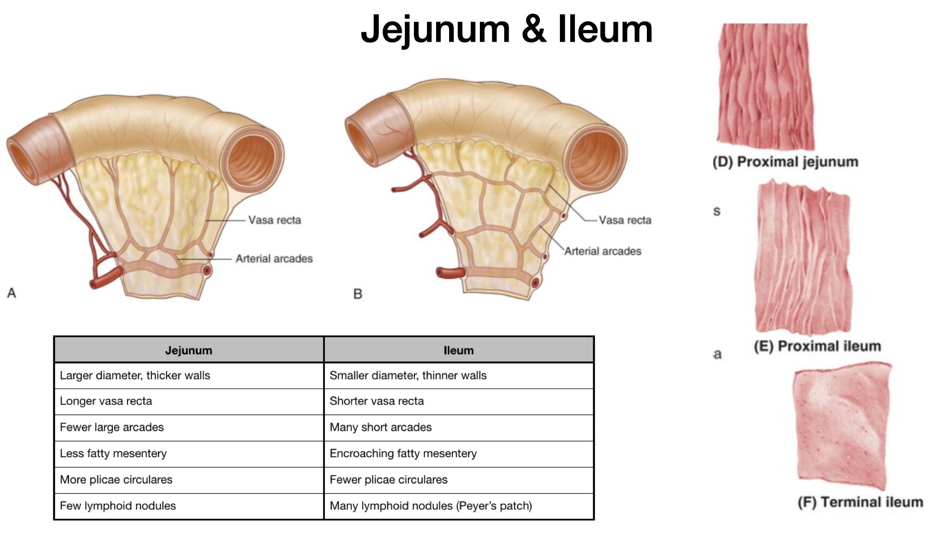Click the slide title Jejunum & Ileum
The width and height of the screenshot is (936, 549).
pyautogui.click(x=506, y=29)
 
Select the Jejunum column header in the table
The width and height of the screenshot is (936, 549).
pyautogui.click(x=189, y=350)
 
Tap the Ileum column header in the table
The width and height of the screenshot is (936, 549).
pyautogui.click(x=458, y=350)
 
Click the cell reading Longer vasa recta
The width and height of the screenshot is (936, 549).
pyautogui.click(x=106, y=401)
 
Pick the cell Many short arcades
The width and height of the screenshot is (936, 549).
pyautogui.click(x=380, y=427)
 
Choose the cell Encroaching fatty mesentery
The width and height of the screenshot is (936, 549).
pyautogui.click(x=403, y=453)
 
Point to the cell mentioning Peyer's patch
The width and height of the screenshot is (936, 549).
pyautogui.click(x=431, y=506)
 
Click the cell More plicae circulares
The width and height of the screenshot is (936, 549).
pyautogui.click(x=116, y=479)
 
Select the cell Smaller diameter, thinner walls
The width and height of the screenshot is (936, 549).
pyautogui.click(x=408, y=375)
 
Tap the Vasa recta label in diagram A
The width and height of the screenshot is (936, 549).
pyautogui.click(x=275, y=220)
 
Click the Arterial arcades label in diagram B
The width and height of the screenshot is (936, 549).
pyautogui.click(x=603, y=251)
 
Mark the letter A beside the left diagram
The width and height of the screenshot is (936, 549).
pyautogui.click(x=11, y=293)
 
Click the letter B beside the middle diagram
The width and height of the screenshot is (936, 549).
pyautogui.click(x=357, y=294)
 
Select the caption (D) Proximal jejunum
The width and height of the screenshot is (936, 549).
pyautogui.click(x=785, y=162)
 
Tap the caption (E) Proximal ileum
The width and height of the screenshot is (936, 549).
pyautogui.click(x=817, y=346)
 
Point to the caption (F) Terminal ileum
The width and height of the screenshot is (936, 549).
pyautogui.click(x=860, y=502)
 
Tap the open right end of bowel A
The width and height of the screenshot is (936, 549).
pyautogui.click(x=252, y=160)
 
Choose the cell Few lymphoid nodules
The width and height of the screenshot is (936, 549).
pyautogui.click(x=118, y=506)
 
